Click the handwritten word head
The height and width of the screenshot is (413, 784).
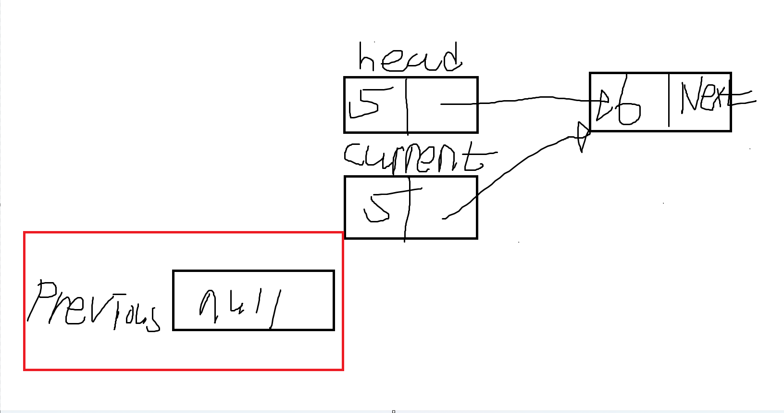[410, 58]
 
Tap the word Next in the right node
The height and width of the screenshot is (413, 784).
[703, 96]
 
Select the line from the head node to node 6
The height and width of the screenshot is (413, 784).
[519, 100]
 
